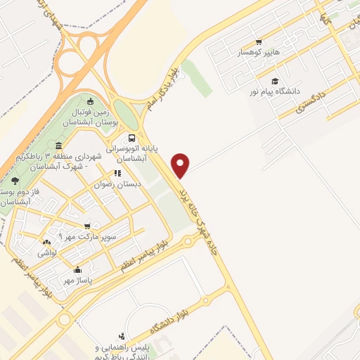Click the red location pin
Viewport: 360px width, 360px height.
pyautogui.click(x=181, y=165)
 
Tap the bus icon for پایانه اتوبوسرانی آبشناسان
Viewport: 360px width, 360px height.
pyautogui.click(x=132, y=138)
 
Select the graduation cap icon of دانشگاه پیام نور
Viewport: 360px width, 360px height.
pyautogui.click(x=274, y=81)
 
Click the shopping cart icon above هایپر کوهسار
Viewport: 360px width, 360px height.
pyautogui.click(x=259, y=41)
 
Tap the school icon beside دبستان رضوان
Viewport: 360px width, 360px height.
pyautogui.click(x=117, y=173)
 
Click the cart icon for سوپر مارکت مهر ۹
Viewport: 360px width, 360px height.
pyautogui.click(x=87, y=226)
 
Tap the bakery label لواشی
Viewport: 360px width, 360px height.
pyautogui.click(x=48, y=251)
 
